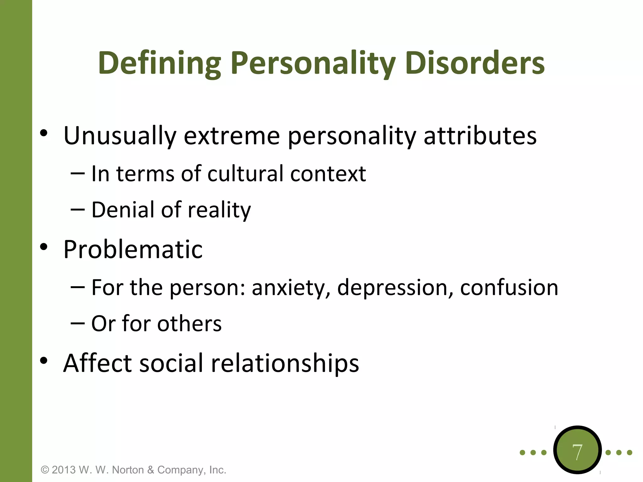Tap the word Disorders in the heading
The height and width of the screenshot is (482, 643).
click(x=475, y=64)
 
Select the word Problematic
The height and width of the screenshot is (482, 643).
click(x=133, y=249)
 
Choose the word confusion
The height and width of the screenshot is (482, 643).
click(x=509, y=288)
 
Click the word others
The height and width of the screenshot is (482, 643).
click(x=189, y=324)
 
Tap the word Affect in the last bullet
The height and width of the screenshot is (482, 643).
click(x=97, y=363)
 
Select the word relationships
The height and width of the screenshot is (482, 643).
click(x=285, y=364)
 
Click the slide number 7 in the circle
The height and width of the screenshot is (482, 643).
click(x=577, y=452)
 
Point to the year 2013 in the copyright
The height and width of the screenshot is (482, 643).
click(x=64, y=470)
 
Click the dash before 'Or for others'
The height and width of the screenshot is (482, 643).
click(x=78, y=323)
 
